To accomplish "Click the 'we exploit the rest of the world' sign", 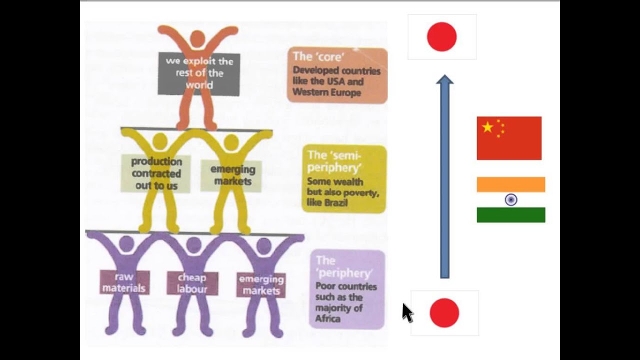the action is (x=199, y=73).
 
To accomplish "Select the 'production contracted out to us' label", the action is (x=156, y=173).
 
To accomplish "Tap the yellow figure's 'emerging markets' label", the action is (x=231, y=175).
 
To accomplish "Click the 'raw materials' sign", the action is (x=124, y=282).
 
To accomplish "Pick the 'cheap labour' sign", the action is (x=192, y=283).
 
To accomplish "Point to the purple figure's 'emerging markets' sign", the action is (x=261, y=285).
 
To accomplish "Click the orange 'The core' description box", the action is (x=337, y=75).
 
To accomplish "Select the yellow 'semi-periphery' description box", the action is (x=344, y=178).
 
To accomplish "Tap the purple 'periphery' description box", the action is (x=347, y=289).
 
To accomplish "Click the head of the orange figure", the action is (x=197, y=38).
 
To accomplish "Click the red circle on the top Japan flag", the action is (x=441, y=37).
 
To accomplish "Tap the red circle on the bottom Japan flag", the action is (x=444, y=313).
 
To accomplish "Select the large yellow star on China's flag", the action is (x=487, y=127).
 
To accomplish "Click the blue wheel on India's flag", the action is (x=510, y=200).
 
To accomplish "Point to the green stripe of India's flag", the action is (x=510, y=215).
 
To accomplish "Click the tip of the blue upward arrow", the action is (x=444, y=77).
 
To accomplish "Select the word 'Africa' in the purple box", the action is (x=327, y=318).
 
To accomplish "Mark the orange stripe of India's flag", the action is (x=510, y=184).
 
